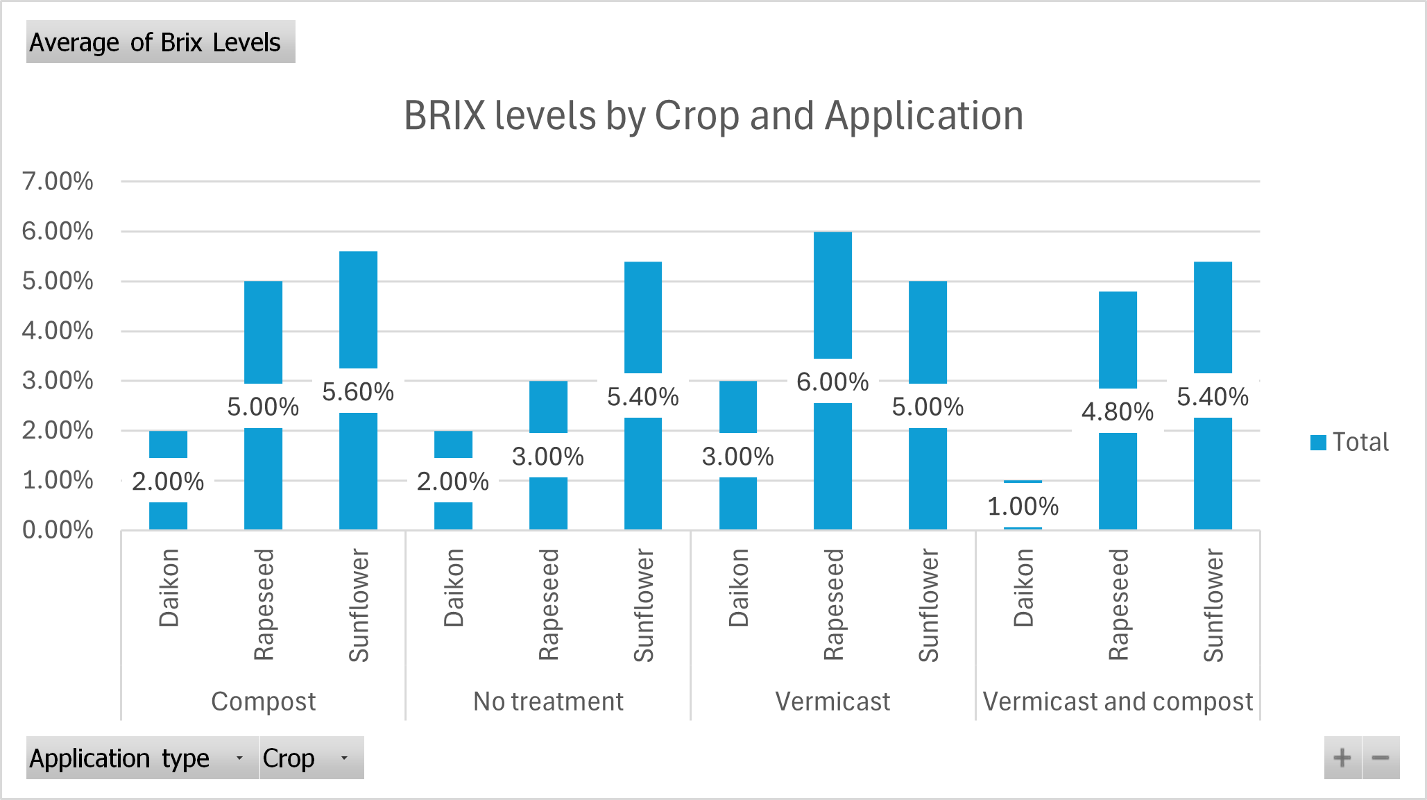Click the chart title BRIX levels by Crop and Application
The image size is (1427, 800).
coord(713,115)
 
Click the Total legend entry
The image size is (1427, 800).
coord(1349,442)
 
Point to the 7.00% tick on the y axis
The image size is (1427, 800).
coord(58,182)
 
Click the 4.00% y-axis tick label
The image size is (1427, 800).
coord(58,331)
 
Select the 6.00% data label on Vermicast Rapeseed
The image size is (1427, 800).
coord(832,382)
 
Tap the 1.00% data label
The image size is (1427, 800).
coord(1023,507)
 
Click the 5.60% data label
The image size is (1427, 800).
coord(358,392)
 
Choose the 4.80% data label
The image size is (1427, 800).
coord(1118,412)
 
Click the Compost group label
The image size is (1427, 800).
coord(263,701)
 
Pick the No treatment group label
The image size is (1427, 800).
coord(548,701)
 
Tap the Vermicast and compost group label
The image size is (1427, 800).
coord(1118,701)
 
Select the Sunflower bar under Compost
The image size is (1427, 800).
coord(358,312)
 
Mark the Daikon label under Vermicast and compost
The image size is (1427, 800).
coord(1023,588)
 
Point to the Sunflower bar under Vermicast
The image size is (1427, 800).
coord(928,333)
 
